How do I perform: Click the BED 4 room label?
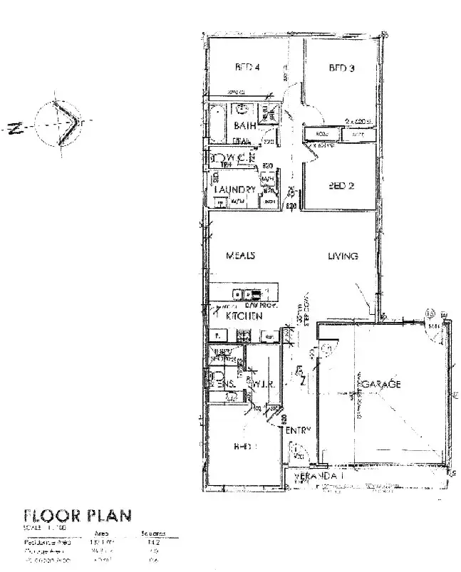[x=246, y=68]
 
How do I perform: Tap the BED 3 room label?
[x=341, y=68]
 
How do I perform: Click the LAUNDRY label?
[x=234, y=189]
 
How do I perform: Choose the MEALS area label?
[x=241, y=256]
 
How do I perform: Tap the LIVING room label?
[x=343, y=256]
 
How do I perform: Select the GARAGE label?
[x=383, y=384]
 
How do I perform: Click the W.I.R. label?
[x=262, y=385]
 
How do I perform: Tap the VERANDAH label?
[x=313, y=475]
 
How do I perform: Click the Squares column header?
[x=148, y=533]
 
